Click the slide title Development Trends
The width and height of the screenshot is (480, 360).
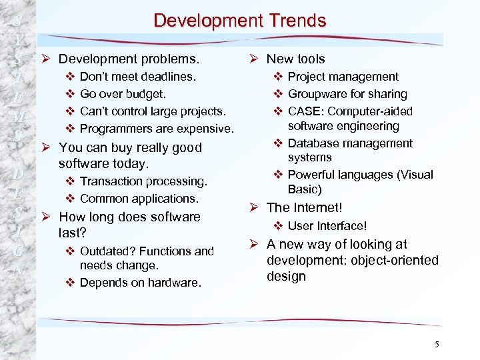(x=240, y=20)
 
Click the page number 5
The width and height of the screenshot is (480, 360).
(x=437, y=344)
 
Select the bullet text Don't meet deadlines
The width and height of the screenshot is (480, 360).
(x=138, y=77)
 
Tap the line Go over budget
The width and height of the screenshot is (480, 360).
(x=123, y=94)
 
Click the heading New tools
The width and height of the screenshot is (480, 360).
(x=295, y=59)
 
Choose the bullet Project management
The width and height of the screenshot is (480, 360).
(x=343, y=77)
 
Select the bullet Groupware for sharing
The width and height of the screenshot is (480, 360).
(x=347, y=94)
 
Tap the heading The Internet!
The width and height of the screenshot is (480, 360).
(x=304, y=207)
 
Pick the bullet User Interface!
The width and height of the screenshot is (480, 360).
(x=327, y=226)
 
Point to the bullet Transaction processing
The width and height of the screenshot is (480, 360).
(x=143, y=181)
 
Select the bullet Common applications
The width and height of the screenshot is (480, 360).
(x=139, y=199)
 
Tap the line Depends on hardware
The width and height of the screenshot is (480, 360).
(x=140, y=283)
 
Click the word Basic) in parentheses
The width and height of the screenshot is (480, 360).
(x=305, y=189)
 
